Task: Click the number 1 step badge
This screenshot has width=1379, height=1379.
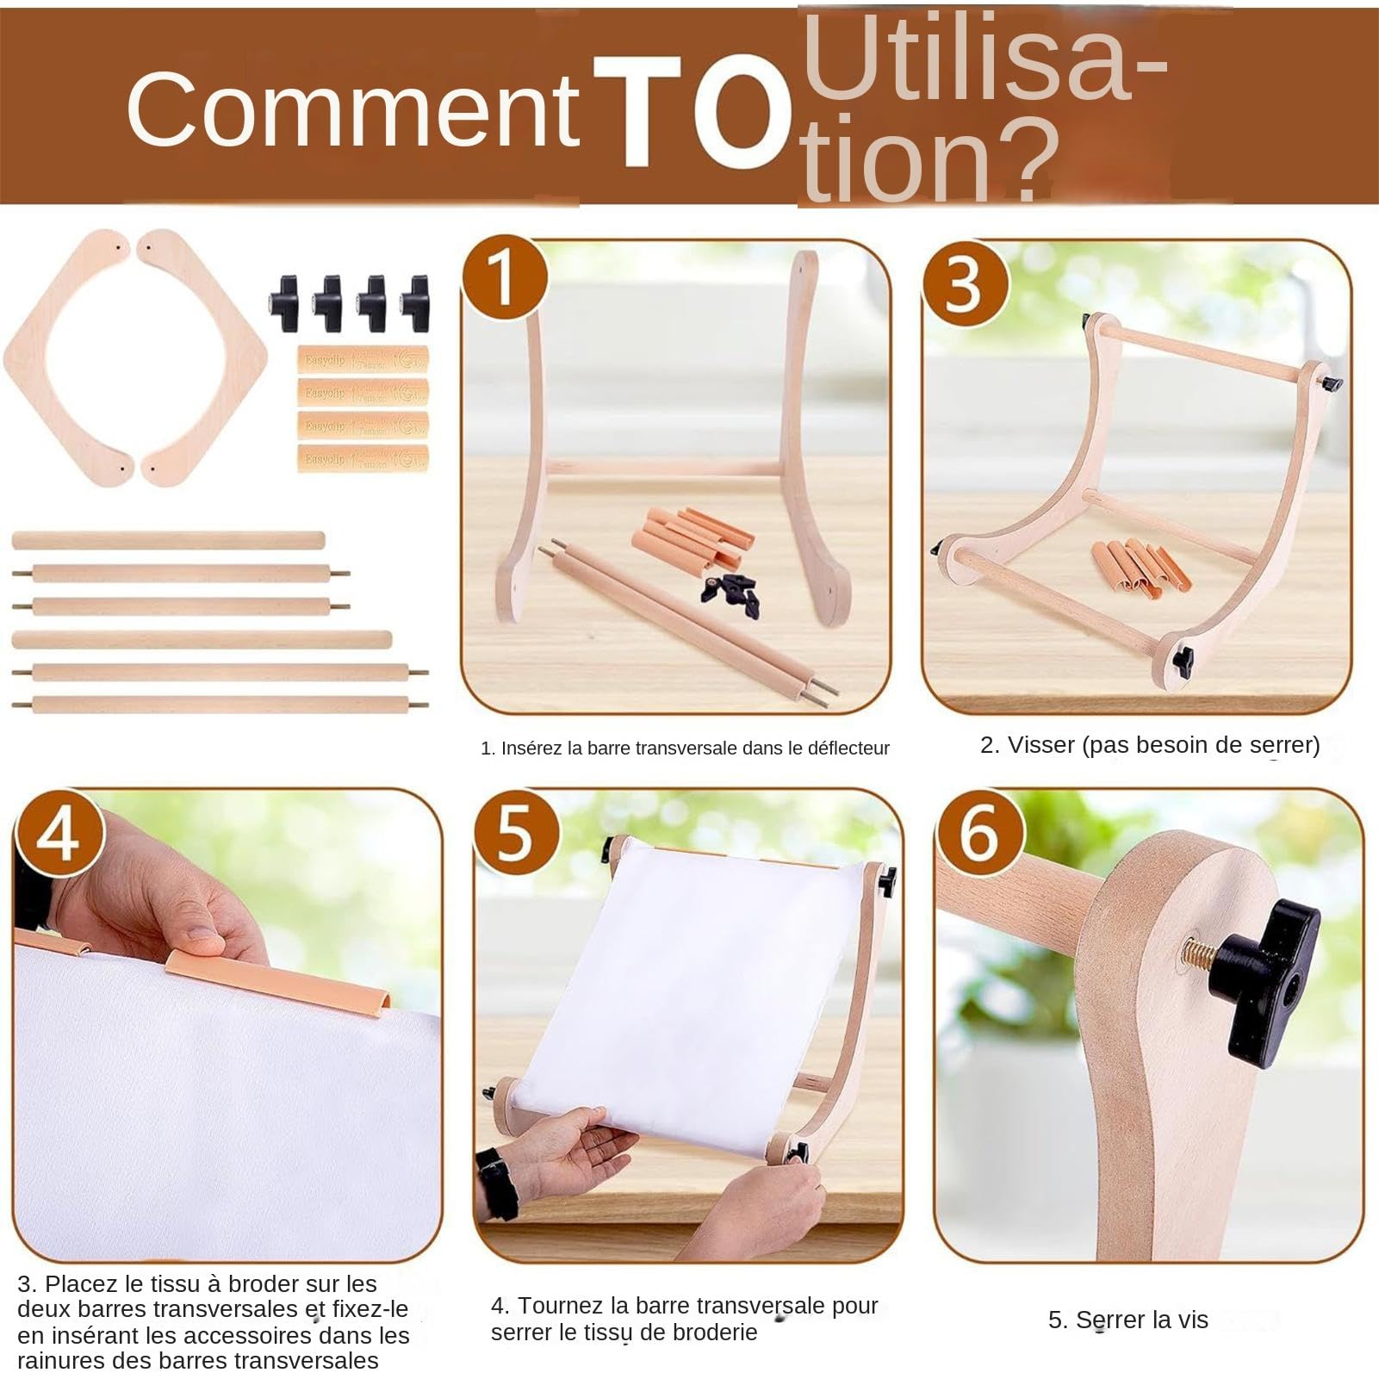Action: tap(505, 277)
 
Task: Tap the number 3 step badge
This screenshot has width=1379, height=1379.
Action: tap(965, 283)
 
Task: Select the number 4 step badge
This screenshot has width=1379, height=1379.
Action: tap(59, 833)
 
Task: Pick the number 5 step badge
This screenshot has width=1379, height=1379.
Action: tap(517, 834)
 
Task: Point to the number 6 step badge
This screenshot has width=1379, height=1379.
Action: tap(979, 834)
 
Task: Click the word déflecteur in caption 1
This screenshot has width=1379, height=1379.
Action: tap(848, 749)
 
